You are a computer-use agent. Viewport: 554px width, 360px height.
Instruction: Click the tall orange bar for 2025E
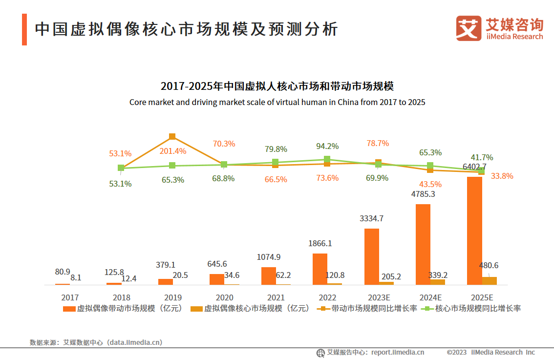[474, 231]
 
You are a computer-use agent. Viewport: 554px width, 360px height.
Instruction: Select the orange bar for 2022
[320, 269]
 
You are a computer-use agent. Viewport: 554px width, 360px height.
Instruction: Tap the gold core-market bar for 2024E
[438, 282]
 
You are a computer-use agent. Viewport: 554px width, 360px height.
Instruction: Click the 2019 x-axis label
[173, 297]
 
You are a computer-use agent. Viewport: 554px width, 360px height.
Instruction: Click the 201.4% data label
[173, 151]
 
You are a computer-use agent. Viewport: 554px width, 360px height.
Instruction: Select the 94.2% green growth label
[327, 146]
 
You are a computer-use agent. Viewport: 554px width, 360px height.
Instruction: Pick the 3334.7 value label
[371, 218]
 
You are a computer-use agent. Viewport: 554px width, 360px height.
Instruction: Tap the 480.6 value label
[490, 266]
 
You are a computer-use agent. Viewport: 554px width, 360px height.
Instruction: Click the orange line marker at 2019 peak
[172, 136]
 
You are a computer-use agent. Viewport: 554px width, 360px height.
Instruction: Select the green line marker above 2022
[327, 159]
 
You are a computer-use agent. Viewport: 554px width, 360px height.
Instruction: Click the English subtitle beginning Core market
[277, 102]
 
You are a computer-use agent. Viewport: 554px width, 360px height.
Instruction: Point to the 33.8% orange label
[501, 176]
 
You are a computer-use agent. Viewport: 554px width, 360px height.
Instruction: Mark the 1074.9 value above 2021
[269, 257]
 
